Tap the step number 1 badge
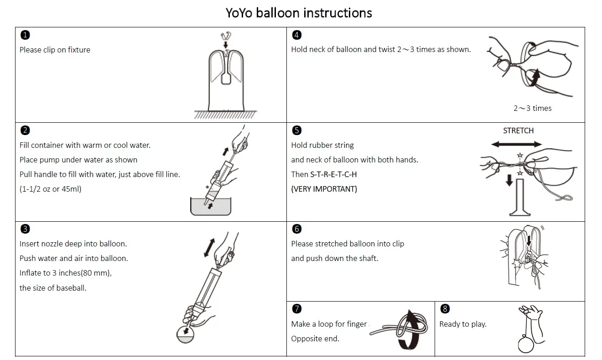coord(26,35)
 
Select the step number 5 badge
coord(296,130)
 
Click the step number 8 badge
coord(445,309)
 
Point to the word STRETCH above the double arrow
coord(518,130)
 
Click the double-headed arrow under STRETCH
coord(516,144)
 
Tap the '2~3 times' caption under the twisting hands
coord(532,108)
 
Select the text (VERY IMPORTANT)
coord(324,189)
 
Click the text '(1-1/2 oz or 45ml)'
coord(50,189)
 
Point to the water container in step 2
coord(211,208)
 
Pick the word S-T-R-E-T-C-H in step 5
coord(333,174)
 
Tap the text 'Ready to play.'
coord(462,324)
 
